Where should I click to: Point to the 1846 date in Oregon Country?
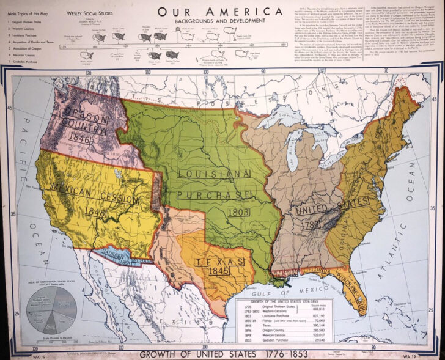tap(80, 139)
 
